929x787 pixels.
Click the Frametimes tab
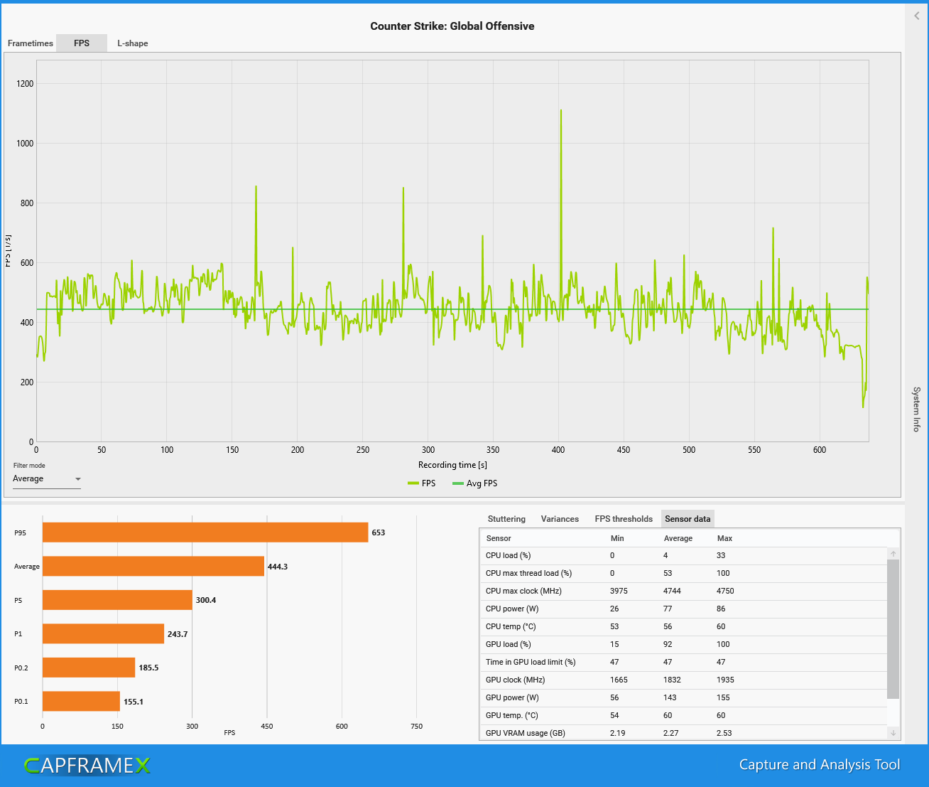(30, 43)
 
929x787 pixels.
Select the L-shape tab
(133, 43)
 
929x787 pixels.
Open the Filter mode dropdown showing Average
(46, 478)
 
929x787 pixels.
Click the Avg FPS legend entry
(474, 483)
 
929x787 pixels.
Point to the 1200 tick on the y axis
(25, 84)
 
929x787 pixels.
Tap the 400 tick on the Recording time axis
(558, 449)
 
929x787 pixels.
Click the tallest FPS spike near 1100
(561, 110)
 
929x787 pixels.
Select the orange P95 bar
(205, 532)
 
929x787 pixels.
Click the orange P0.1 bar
(82, 701)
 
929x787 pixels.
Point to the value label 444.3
(277, 567)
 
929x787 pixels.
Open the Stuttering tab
(506, 519)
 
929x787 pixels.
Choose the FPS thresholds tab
(624, 519)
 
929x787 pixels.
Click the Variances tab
(560, 519)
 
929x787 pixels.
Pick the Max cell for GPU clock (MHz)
(725, 680)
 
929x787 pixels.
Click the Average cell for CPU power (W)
(668, 609)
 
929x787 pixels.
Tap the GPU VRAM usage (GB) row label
(525, 733)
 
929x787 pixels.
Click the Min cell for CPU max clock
(619, 591)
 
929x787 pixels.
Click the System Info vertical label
(916, 409)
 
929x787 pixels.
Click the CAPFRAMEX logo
(87, 766)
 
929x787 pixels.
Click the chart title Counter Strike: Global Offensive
(452, 26)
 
